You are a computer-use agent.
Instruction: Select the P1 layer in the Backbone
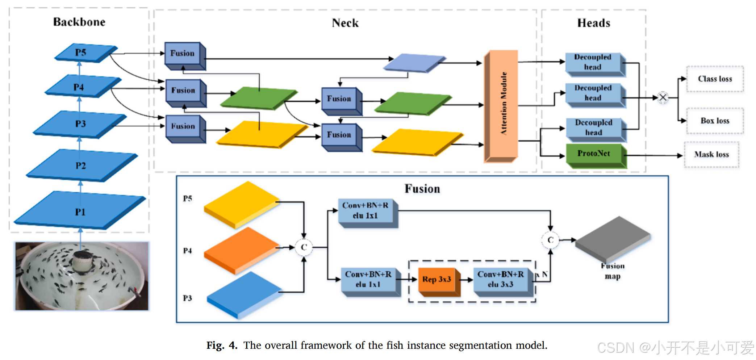click(x=80, y=211)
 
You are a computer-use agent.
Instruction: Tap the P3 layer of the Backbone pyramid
click(x=80, y=124)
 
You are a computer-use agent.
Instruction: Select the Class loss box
click(x=715, y=79)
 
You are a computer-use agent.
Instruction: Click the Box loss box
click(x=715, y=121)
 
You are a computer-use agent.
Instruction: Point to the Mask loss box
click(x=711, y=155)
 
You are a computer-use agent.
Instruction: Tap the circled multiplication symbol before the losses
click(x=663, y=97)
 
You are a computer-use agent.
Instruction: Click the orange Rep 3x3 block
click(x=437, y=280)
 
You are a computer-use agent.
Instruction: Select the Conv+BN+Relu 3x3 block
click(x=502, y=280)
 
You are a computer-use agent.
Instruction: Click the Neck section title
click(x=345, y=23)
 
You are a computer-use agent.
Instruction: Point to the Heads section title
click(x=594, y=23)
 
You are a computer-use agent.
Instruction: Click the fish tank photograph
click(x=82, y=276)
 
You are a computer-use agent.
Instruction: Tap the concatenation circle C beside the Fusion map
click(x=550, y=240)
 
